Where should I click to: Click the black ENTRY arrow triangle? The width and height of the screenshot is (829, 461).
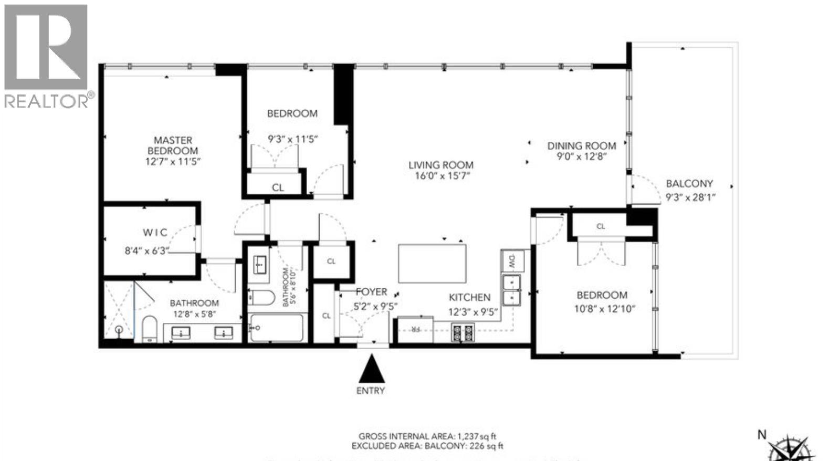pos(372,370)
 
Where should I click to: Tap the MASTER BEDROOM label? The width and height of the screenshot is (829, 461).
pos(173,145)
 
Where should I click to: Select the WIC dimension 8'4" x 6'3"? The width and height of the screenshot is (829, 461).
pos(147,251)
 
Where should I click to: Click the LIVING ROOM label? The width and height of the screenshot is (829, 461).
pos(441,165)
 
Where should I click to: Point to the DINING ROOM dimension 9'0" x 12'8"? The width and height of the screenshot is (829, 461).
pos(582,157)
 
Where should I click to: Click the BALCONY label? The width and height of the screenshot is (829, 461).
pos(689,184)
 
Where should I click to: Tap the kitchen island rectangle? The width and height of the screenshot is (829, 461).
pos(432,263)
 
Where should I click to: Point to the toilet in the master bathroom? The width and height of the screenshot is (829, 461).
pos(150,329)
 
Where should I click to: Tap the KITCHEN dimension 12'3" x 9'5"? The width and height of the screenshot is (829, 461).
pos(473,312)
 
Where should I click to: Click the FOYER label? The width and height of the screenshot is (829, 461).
pos(371,292)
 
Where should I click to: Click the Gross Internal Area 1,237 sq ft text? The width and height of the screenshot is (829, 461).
pos(427,436)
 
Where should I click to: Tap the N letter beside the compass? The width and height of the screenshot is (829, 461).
pos(762,435)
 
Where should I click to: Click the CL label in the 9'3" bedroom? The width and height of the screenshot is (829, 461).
pos(278,187)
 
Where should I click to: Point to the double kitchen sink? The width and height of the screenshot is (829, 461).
pos(511,290)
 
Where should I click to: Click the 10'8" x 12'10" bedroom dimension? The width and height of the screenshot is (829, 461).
pos(604,309)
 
